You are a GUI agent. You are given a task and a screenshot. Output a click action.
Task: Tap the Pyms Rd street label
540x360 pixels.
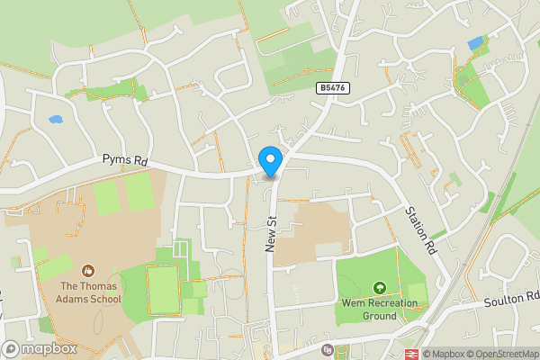124,160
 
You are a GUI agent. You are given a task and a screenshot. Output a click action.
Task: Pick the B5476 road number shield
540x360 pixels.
333,87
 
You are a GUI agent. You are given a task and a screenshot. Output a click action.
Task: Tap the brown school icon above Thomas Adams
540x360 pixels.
88,270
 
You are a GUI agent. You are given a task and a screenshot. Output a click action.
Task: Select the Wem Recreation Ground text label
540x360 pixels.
380,310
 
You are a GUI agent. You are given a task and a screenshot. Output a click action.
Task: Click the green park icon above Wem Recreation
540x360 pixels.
380,288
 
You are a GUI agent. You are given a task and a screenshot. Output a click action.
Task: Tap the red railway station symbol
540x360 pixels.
414,355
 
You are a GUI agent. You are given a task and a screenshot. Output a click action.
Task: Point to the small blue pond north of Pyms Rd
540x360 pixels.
56,119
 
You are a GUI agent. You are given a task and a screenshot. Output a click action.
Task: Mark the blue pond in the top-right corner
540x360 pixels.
474,43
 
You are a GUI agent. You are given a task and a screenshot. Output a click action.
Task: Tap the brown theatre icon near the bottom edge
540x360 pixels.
327,350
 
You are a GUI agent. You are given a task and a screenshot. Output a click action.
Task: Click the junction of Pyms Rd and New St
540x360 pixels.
273,171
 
